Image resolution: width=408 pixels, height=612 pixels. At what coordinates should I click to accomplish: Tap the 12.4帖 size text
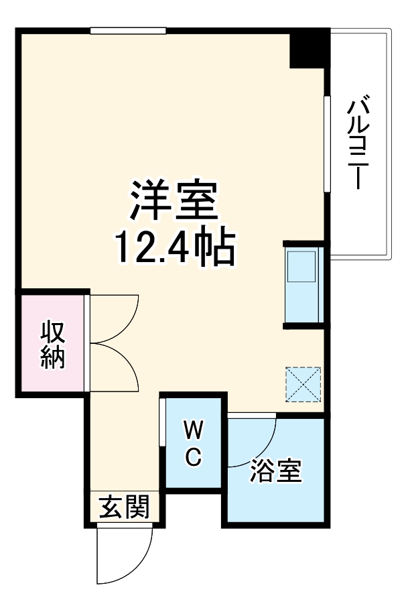pyautogui.click(x=175, y=249)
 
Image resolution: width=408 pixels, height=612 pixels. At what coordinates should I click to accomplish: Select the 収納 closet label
pyautogui.click(x=53, y=345)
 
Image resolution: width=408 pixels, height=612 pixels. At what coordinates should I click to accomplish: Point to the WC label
pyautogui.click(x=192, y=442)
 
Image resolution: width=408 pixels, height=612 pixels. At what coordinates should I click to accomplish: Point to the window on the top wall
pyautogui.click(x=128, y=30)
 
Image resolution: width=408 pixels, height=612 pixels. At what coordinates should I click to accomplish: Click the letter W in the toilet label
pyautogui.click(x=193, y=428)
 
